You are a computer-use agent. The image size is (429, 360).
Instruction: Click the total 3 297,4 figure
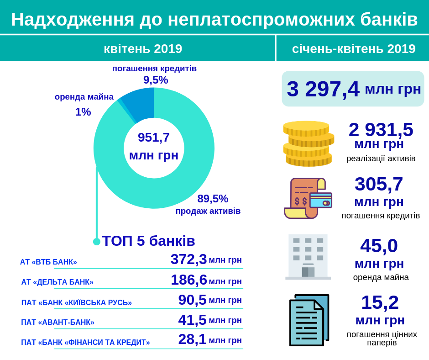(x=323, y=89)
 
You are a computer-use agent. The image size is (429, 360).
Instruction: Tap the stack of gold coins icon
(x=308, y=143)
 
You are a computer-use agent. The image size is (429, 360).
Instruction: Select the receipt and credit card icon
(x=308, y=198)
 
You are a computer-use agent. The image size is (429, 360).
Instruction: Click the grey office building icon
(x=308, y=257)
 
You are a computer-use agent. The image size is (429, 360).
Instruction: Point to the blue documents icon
(x=309, y=320)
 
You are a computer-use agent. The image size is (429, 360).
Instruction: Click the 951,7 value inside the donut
(x=154, y=138)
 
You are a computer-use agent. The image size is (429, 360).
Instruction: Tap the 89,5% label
(x=213, y=199)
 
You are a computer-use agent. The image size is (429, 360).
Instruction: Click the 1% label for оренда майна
(x=83, y=112)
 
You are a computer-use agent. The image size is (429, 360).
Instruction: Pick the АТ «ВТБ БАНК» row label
(x=48, y=262)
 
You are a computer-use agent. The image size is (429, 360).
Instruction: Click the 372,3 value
(x=188, y=259)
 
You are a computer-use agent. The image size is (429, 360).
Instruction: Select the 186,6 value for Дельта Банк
(x=188, y=280)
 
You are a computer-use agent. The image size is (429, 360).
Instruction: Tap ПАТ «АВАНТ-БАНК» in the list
(x=58, y=323)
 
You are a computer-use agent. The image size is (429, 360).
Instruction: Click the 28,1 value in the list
(x=192, y=339)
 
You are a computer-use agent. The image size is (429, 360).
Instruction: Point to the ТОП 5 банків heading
(x=148, y=241)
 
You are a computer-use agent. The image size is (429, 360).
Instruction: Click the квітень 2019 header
(x=143, y=48)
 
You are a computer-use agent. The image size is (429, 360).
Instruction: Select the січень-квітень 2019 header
(x=354, y=48)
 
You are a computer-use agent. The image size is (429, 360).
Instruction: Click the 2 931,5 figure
(x=381, y=130)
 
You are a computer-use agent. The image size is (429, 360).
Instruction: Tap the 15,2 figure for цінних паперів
(x=380, y=302)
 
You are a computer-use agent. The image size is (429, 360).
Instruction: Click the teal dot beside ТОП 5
(x=97, y=242)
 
